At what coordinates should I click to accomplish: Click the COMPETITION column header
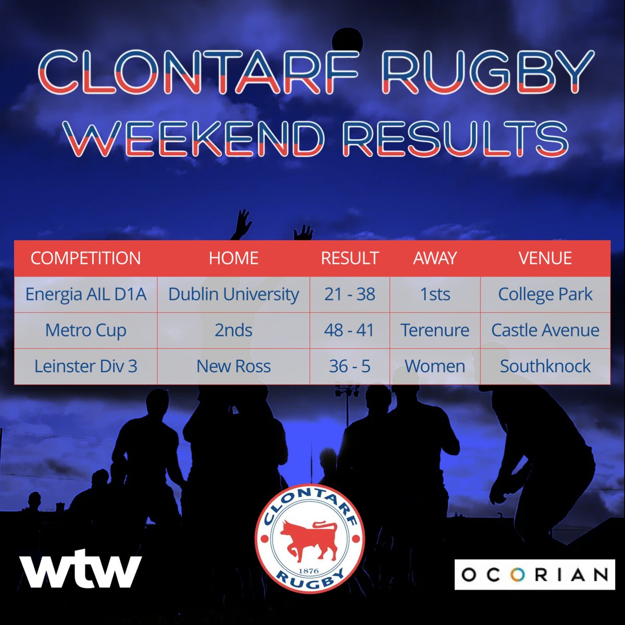point(85,258)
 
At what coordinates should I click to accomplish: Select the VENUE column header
point(545,258)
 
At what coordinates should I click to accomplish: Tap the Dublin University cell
point(233,294)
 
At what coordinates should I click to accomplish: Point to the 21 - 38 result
point(349,294)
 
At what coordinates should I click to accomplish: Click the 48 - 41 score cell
point(349,330)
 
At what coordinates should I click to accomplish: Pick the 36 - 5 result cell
point(349,366)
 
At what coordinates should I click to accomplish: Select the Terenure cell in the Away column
point(435,330)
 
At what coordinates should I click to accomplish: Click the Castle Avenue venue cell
point(545,330)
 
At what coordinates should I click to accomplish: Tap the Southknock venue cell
point(545,366)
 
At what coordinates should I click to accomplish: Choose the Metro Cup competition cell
point(85,330)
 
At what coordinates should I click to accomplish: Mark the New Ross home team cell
point(233,366)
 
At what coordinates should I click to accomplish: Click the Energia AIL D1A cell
point(85,294)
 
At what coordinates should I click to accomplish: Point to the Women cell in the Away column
point(435,366)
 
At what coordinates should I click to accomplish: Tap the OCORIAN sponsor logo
point(534,574)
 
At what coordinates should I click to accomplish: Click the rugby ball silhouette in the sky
point(344,40)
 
